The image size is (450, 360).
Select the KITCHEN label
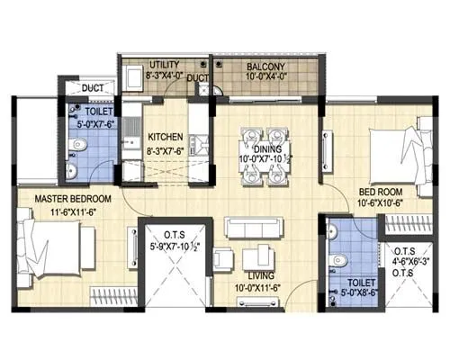[x=166, y=137]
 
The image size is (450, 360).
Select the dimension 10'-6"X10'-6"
[x=384, y=204]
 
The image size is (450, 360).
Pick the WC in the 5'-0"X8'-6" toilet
[x=342, y=259]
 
